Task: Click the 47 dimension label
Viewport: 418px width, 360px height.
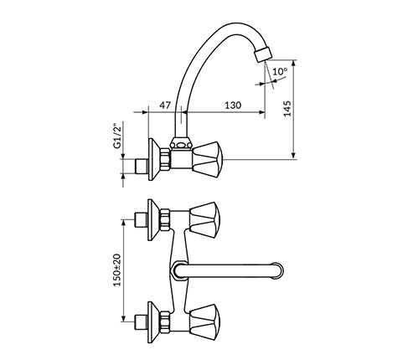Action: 165,105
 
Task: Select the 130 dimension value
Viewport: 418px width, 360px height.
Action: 233,105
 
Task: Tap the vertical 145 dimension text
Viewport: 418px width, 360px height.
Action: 287,109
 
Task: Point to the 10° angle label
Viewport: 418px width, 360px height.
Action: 280,71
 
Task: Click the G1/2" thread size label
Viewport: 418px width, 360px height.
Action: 118,135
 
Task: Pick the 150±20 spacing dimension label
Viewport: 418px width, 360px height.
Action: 117,270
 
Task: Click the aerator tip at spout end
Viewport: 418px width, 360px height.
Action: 263,55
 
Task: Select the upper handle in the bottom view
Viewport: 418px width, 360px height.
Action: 204,220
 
